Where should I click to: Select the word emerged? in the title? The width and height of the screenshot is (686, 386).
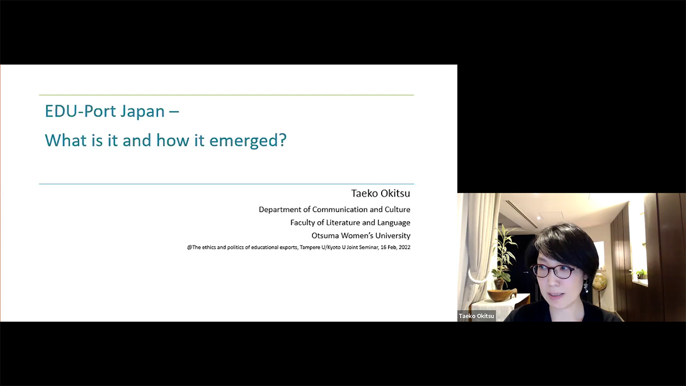tap(248, 141)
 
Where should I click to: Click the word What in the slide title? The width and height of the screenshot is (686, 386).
tap(66, 140)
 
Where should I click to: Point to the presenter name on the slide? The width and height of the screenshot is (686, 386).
tap(381, 194)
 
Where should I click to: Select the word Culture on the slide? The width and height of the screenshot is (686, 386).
tap(398, 210)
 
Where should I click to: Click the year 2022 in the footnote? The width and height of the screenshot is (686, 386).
tap(404, 248)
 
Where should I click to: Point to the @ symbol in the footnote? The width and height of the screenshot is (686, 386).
tap(190, 248)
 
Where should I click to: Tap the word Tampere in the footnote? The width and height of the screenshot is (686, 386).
tap(310, 248)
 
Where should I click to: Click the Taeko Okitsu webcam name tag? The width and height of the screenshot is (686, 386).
tap(476, 316)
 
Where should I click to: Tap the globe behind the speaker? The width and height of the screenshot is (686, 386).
tap(599, 281)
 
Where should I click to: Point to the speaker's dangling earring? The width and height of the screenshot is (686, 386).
tap(586, 286)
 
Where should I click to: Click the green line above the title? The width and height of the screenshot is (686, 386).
tap(226, 95)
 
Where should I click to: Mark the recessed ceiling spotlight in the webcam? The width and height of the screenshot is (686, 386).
tap(539, 218)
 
